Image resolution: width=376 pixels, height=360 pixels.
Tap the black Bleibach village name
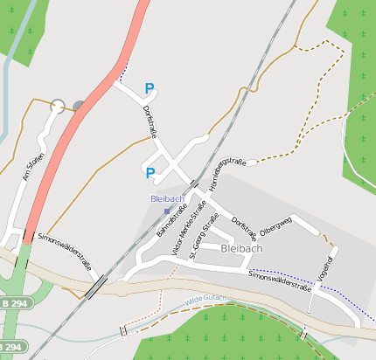[x=241, y=248]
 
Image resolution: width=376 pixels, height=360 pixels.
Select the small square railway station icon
[x=166, y=211]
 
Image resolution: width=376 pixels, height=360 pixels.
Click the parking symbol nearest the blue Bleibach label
[x=150, y=173]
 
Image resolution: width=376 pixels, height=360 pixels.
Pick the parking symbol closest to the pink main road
[x=150, y=88]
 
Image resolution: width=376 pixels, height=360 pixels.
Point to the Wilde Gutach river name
[x=205, y=300]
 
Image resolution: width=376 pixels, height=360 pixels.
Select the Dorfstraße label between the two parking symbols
[x=149, y=122]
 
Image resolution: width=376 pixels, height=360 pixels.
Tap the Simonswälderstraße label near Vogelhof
[x=280, y=280]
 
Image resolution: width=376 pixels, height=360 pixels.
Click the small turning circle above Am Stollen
[x=58, y=106]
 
